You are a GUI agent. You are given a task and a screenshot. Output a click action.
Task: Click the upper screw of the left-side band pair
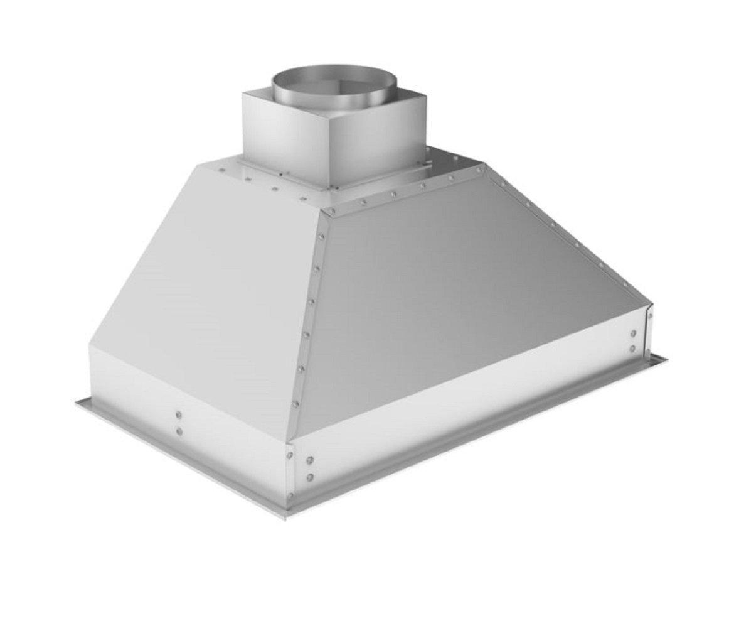click(179, 415)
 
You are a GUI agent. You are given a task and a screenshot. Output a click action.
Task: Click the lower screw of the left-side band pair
click(179, 431)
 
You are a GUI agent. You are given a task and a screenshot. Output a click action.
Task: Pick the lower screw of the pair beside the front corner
click(309, 479)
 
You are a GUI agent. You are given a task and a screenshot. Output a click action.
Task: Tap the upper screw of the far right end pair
click(633, 333)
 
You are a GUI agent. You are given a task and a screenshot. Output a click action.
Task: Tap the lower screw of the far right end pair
click(633, 349)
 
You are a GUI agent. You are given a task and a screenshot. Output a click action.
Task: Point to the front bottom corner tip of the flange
click(286, 517)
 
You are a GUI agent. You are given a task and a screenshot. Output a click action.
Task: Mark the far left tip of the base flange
click(77, 401)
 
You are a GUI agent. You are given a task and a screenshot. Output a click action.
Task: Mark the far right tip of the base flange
click(666, 358)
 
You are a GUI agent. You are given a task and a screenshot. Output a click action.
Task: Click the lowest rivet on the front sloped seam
click(295, 404)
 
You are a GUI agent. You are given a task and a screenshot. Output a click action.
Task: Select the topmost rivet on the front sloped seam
click(322, 237)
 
